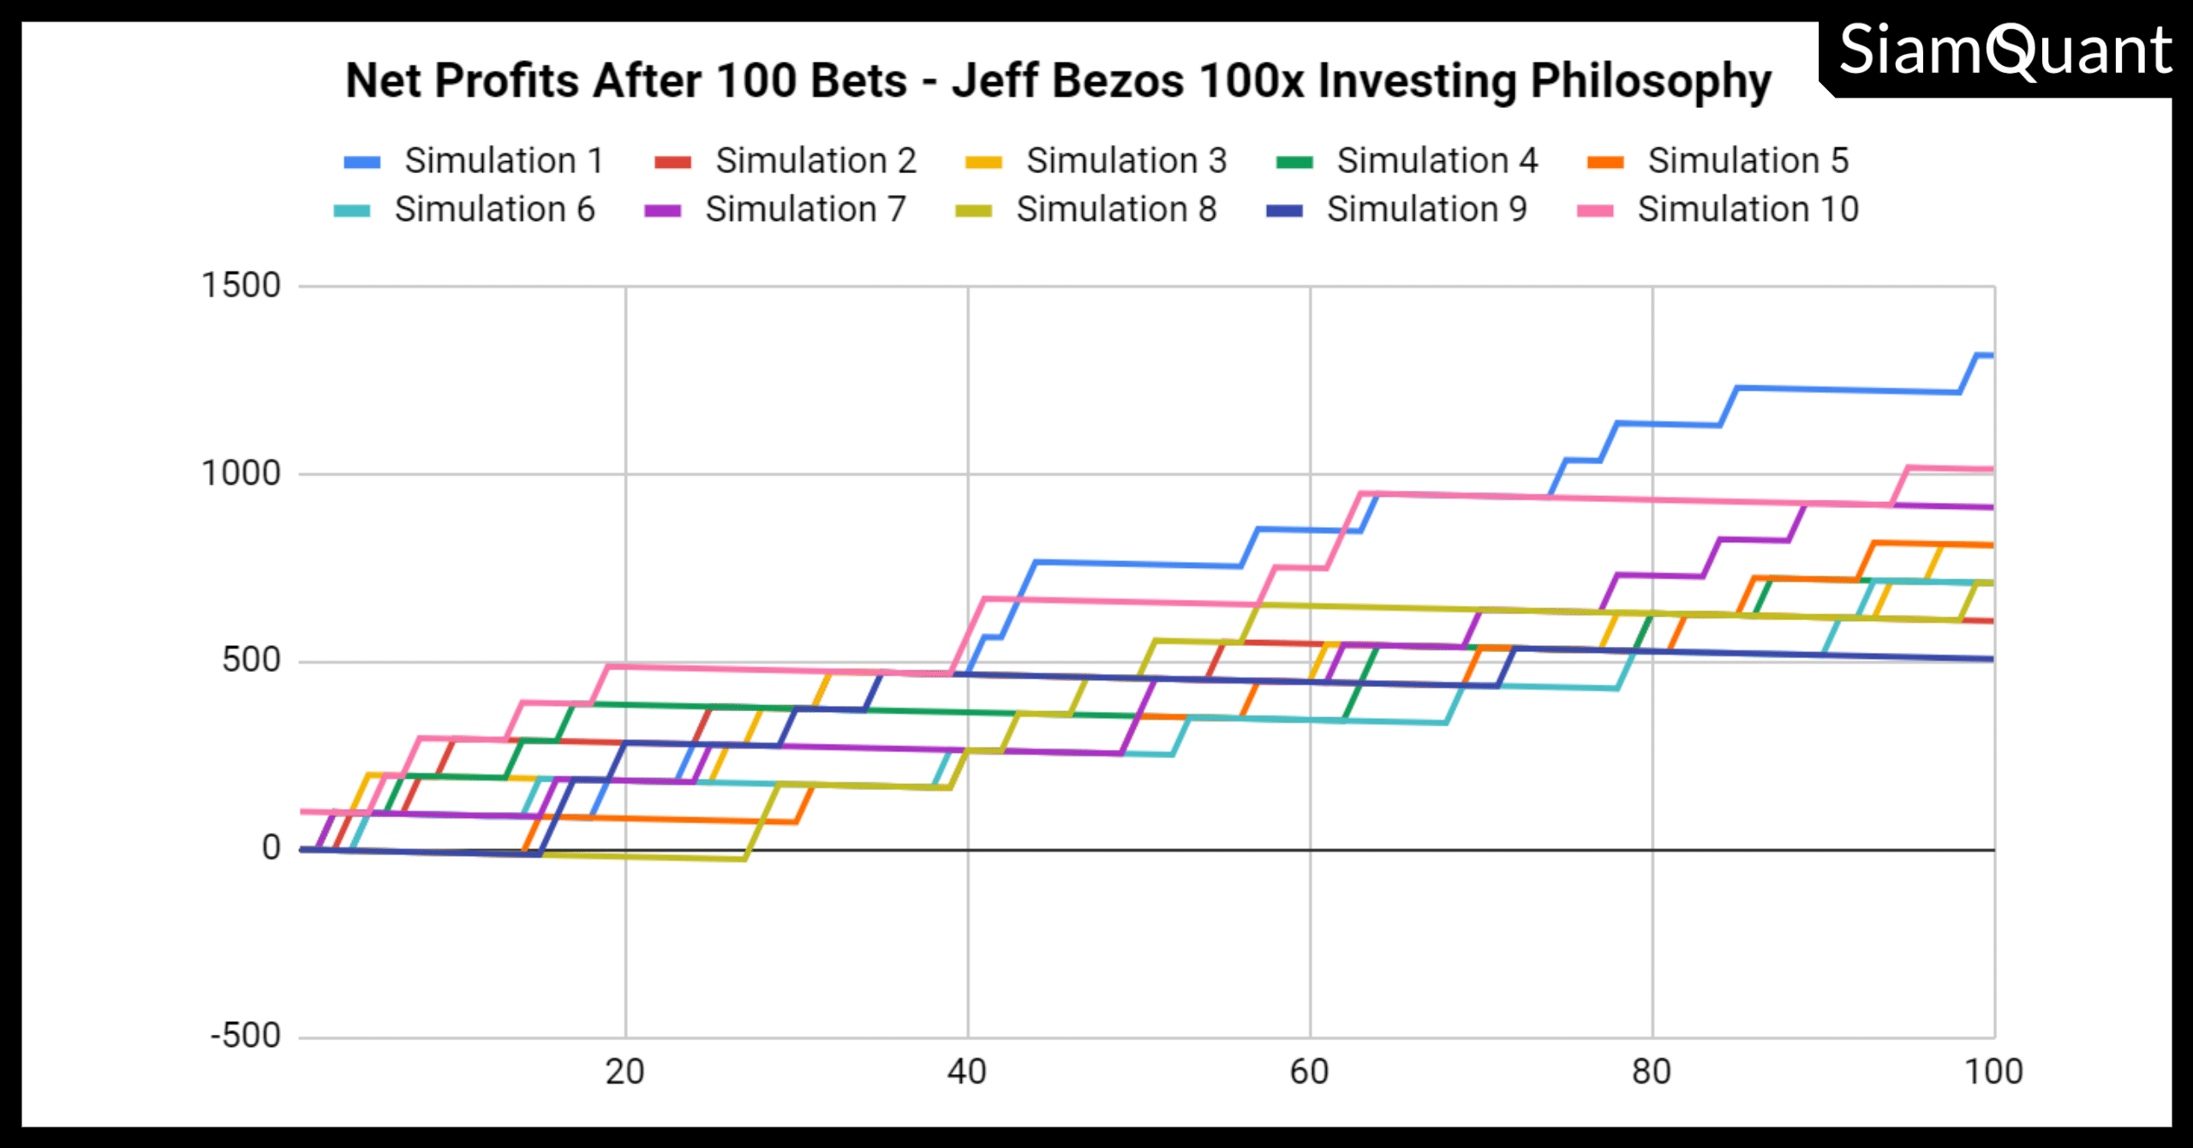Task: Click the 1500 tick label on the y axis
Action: [x=241, y=285]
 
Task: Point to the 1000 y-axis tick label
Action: [x=241, y=473]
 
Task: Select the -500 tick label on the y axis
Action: [x=246, y=1036]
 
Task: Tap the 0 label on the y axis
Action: [x=271, y=848]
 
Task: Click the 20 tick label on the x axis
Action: [x=624, y=1073]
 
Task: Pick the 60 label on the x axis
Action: [x=1309, y=1073]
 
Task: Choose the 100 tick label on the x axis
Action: [x=1993, y=1073]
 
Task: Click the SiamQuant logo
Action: [x=2005, y=51]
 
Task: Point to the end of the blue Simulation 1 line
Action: [x=1993, y=355]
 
